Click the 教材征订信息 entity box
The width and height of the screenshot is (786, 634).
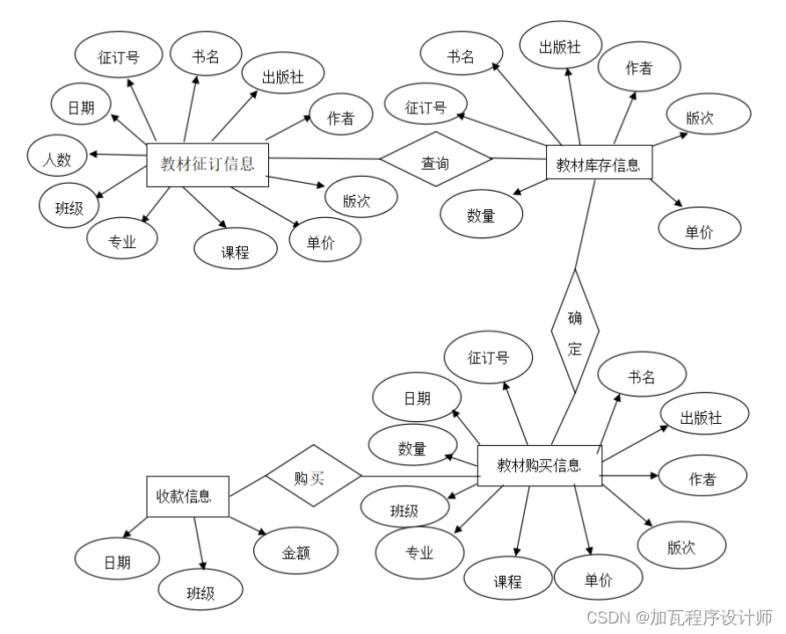point(207,164)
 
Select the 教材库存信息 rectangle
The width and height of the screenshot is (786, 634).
point(599,164)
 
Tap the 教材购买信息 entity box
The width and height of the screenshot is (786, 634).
point(539,465)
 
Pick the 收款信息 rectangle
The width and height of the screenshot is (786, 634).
point(187,496)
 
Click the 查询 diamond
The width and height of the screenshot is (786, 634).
point(435,163)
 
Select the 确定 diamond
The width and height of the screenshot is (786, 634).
point(575,332)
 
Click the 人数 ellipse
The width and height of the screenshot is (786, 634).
point(58,159)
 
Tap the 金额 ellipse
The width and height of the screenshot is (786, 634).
point(296,553)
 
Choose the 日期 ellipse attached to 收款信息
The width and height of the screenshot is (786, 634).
point(117,562)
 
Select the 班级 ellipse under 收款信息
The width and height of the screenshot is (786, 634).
point(200,593)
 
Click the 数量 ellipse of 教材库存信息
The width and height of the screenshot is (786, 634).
point(481,215)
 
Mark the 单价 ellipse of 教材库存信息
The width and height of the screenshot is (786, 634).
point(700,231)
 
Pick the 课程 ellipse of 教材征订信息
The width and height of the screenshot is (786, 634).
point(236,251)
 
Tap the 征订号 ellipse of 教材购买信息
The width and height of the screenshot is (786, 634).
point(488,359)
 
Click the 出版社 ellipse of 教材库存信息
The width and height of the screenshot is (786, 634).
point(560,47)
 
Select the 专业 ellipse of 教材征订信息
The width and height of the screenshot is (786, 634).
point(122,240)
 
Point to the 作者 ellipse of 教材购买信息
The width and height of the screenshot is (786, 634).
point(702,477)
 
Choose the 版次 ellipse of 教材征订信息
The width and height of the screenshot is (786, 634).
point(356,200)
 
